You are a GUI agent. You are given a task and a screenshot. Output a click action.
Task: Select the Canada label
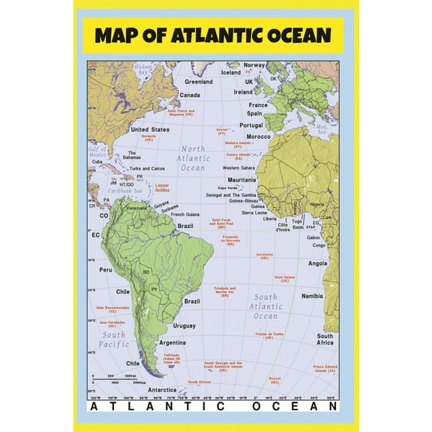point(189,95)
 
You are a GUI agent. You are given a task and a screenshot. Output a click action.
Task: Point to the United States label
point(150,129)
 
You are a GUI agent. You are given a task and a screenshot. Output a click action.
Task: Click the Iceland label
point(231,73)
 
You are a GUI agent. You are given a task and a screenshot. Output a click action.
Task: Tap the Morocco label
point(259,137)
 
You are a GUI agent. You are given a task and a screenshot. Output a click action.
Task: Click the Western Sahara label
point(238,168)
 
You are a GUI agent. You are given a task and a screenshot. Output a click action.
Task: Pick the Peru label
point(106,269)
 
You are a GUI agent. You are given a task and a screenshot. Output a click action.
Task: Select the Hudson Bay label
point(143,70)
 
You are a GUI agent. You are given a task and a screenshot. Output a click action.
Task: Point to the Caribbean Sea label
point(120,191)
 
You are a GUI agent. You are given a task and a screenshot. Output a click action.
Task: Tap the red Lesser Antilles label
point(162,187)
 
